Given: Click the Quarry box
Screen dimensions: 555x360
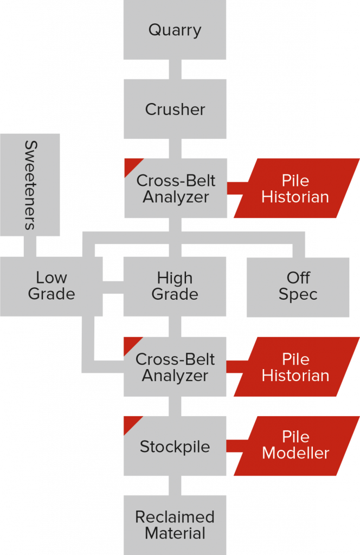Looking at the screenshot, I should (175, 30).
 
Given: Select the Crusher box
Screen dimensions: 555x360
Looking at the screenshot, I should (175, 109).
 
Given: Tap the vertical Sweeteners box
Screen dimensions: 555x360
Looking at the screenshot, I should (30, 185).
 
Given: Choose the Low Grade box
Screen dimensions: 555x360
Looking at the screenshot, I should (51, 286).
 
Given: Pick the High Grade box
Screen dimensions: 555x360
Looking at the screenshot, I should (175, 286).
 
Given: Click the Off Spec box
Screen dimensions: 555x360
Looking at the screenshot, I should (298, 286).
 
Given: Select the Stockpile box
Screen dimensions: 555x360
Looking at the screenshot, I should (175, 447).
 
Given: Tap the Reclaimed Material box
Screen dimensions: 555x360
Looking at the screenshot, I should (175, 525).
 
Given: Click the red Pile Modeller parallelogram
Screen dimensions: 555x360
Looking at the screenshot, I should (296, 446).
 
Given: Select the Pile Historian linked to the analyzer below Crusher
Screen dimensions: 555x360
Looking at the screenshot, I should (296, 188).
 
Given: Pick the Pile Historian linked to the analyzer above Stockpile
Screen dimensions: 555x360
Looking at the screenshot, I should (296, 367).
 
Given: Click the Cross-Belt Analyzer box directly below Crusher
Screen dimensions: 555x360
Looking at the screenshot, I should (175, 188).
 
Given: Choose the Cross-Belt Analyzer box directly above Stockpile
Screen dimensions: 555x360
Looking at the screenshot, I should (175, 367).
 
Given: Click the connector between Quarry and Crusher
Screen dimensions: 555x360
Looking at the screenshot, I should (175, 69).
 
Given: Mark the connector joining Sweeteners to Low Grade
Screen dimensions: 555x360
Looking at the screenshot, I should (30, 246).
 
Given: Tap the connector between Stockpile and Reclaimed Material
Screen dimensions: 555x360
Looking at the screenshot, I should (175, 486).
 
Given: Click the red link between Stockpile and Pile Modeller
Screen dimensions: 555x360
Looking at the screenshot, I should (234, 446).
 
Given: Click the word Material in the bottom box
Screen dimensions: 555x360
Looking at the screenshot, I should (175, 533).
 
